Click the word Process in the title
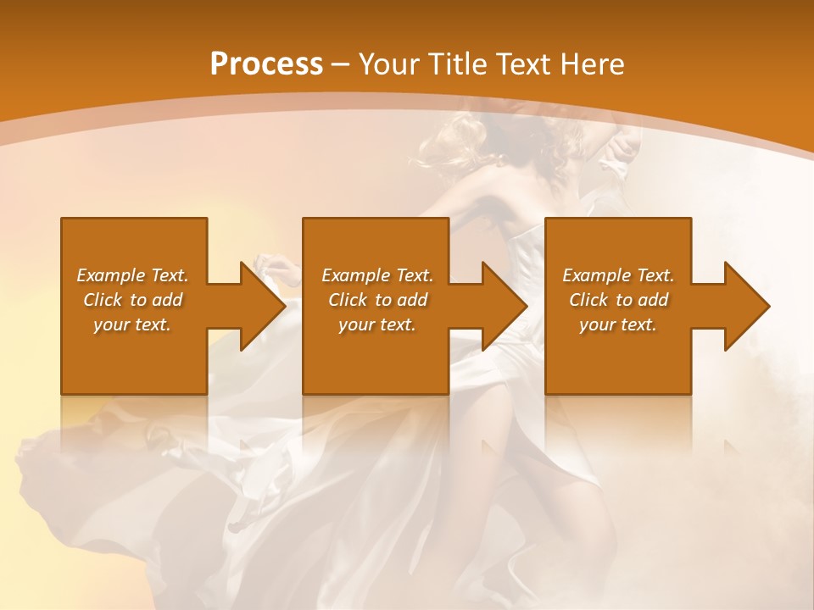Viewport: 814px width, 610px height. pyautogui.click(x=266, y=64)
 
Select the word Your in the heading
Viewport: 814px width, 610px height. pyautogui.click(x=387, y=64)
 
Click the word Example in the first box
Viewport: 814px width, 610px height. pyautogui.click(x=110, y=275)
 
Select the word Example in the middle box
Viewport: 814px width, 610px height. pyautogui.click(x=354, y=275)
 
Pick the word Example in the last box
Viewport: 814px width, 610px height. pyautogui.click(x=595, y=275)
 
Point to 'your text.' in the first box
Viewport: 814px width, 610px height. pyautogui.click(x=132, y=324)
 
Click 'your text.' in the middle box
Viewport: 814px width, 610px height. pyautogui.click(x=376, y=324)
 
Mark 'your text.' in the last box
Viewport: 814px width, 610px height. pyautogui.click(x=617, y=324)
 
